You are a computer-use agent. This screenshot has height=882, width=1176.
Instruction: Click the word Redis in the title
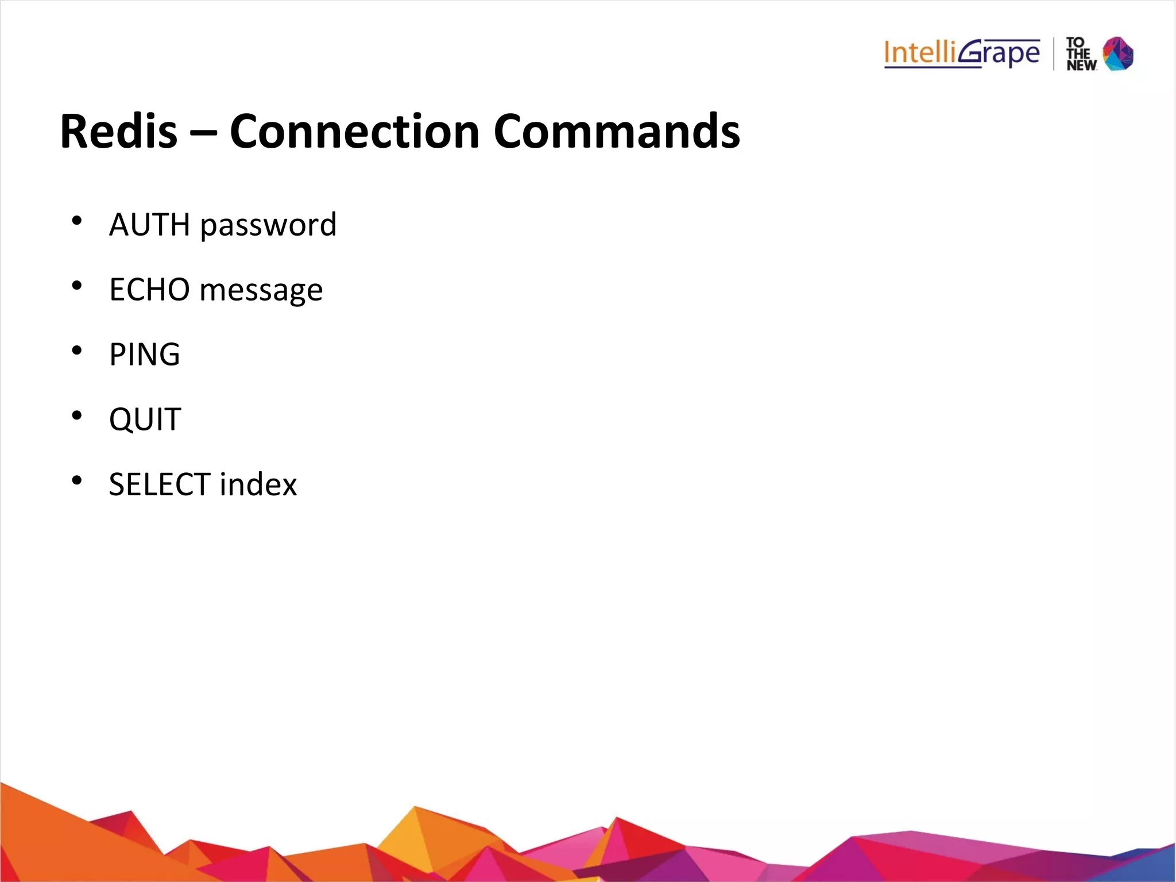[119, 132]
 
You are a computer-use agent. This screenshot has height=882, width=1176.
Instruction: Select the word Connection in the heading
[354, 132]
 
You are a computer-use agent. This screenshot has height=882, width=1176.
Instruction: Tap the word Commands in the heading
[617, 132]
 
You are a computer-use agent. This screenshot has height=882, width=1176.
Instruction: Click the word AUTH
[149, 225]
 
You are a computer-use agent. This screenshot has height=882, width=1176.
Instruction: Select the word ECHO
[149, 290]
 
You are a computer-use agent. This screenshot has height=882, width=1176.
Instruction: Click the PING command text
[145, 355]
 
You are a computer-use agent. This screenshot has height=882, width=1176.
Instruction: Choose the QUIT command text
[145, 419]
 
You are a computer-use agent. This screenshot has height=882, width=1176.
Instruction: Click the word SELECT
[160, 484]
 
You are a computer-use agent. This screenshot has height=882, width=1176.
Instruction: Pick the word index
[258, 484]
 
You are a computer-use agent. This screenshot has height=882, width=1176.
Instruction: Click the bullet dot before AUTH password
[77, 221]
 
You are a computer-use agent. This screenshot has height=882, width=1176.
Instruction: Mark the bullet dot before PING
[77, 351]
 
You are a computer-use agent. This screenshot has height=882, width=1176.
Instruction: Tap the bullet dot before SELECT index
[77, 480]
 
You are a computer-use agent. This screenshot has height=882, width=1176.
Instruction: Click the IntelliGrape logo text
[962, 53]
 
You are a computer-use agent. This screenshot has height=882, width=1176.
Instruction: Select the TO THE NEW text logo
[1081, 54]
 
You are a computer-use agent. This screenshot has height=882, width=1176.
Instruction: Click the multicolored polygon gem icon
[1119, 53]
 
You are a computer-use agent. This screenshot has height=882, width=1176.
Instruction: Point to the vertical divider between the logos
[1054, 53]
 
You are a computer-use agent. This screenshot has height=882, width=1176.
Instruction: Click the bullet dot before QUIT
[77, 415]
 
